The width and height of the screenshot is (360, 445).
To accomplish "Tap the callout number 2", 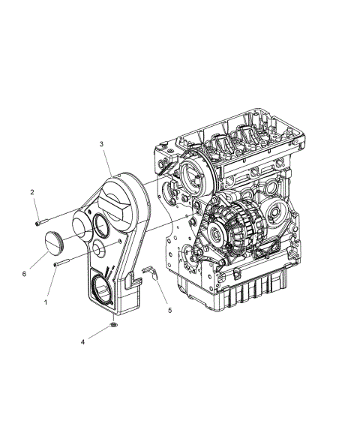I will pos(32,193).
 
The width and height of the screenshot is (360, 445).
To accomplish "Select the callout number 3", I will pos(101,143).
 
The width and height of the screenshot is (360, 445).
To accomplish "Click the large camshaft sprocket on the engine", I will pos(191,176).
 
